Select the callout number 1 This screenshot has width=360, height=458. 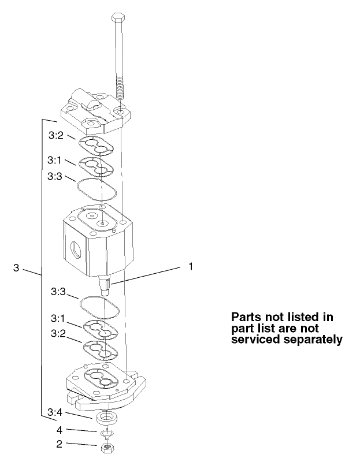point(191,267)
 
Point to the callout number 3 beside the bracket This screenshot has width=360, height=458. point(17,268)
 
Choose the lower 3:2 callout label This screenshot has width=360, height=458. point(57,334)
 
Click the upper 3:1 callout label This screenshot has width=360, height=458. point(57,161)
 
